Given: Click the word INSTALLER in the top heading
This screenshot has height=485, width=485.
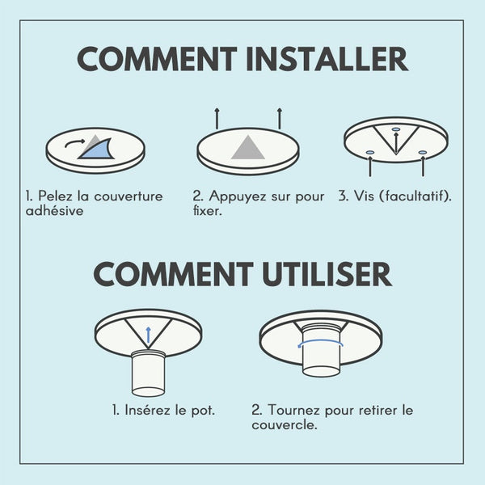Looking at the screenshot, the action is (327, 59).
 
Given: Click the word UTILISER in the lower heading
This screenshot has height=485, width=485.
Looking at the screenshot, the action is (327, 274).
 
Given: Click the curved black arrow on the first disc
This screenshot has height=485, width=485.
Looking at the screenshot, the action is (74, 143).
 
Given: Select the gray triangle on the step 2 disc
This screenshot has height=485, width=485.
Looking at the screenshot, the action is (248, 149).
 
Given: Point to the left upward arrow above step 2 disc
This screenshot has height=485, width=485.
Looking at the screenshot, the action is (217, 119).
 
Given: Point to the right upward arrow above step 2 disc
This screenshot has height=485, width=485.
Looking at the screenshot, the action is (280, 119).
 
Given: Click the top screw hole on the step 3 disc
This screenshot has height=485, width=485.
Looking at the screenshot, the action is (396, 129).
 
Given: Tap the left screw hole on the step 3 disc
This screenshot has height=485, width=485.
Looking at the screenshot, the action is (370, 153).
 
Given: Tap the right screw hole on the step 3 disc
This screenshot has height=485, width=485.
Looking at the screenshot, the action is (423, 153).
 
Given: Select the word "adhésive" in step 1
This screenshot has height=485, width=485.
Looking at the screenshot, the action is (55, 211).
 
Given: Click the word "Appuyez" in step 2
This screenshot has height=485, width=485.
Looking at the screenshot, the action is (238, 196).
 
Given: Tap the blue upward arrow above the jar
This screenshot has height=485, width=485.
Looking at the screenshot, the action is (148, 335).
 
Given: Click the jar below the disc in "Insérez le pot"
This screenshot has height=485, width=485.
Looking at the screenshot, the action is (148, 373).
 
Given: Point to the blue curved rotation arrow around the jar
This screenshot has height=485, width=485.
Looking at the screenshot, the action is (320, 342).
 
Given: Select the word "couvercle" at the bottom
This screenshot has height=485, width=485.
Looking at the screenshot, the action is (285, 425).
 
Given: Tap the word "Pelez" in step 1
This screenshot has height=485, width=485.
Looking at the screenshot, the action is (55, 196).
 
